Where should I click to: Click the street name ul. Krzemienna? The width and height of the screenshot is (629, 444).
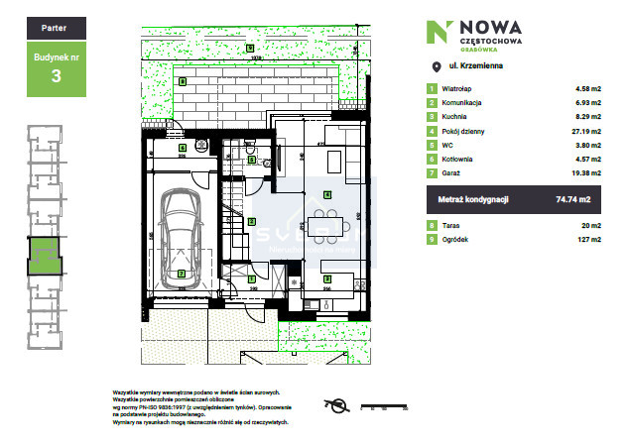(476, 66)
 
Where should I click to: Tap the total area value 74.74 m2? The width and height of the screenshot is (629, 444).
(572, 199)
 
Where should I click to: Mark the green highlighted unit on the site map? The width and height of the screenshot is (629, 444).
(45, 256)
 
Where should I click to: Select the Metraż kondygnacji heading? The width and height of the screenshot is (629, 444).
(474, 199)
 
